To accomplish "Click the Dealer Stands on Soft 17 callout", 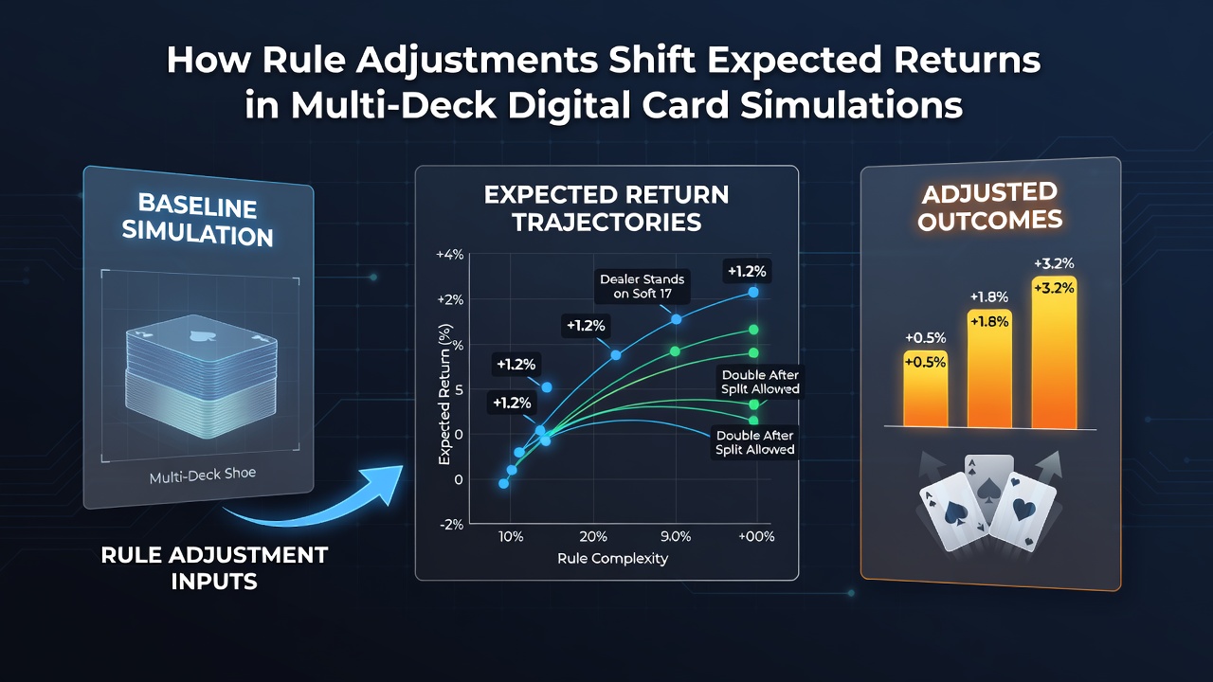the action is point(643,286).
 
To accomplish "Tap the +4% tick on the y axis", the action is point(449,255).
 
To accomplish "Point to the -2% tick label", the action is point(451,525).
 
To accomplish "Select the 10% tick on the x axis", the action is point(511,536).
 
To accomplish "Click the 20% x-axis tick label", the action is point(593,536).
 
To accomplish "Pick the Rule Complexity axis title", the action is point(612,559).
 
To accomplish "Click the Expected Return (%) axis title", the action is point(444,394).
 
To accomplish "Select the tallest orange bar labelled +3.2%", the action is point(1054,352).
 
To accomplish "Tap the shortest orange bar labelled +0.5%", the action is point(926,388).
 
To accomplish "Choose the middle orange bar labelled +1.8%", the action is point(989,368).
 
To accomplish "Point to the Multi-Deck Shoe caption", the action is point(203,476).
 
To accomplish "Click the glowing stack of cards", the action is point(201,376).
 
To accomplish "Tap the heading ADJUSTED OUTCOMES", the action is point(989,206).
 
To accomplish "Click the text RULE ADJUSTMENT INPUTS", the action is point(214,568).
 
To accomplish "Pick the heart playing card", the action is point(1023,511).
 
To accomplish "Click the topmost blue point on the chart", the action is point(753,293).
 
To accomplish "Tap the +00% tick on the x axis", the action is point(756,536).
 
